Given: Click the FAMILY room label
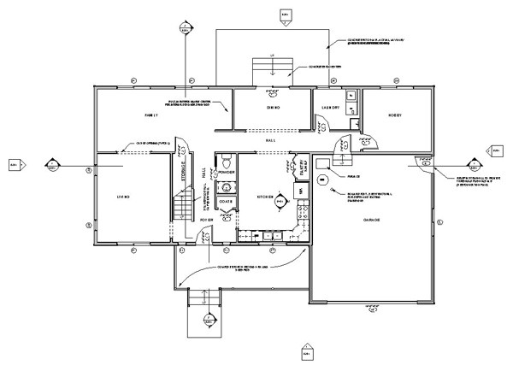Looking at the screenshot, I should (x=150, y=114).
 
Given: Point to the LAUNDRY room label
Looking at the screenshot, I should (x=331, y=108).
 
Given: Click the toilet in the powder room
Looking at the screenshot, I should (x=225, y=162).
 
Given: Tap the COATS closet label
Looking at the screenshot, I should (x=226, y=201).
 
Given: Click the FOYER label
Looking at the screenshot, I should (x=206, y=220).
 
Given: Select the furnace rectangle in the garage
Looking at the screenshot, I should (x=323, y=162).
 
